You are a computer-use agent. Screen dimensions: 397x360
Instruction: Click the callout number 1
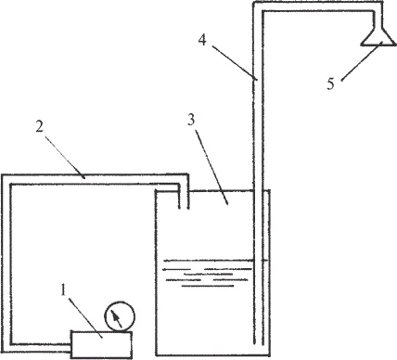point(64,289)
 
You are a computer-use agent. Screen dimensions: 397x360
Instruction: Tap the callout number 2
point(39,126)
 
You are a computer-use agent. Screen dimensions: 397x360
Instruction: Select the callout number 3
point(191,120)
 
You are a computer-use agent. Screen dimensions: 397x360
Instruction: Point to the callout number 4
point(202,40)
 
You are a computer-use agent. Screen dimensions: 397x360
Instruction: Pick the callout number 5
point(331,84)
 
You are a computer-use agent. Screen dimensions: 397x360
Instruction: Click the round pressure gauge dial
point(120,316)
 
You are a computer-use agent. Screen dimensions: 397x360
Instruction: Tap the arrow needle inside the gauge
point(116,318)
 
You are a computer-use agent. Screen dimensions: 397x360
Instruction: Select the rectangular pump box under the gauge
point(102,344)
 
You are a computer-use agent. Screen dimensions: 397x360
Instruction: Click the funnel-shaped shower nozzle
point(378,36)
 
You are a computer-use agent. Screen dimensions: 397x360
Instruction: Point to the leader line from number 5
point(362,62)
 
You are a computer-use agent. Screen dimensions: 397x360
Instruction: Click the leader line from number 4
point(235,62)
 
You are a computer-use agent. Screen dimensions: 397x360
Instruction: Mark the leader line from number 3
point(212,166)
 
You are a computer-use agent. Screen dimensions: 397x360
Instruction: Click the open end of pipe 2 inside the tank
point(184,209)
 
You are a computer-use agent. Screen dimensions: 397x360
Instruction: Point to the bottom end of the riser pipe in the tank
point(259,344)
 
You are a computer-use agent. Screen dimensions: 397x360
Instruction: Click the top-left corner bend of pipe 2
point(6,179)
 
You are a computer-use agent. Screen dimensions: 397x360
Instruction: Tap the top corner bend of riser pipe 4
point(258,6)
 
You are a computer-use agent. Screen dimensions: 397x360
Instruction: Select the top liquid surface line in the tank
point(208,261)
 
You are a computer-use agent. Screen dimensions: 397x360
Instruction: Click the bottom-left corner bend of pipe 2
point(6,347)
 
